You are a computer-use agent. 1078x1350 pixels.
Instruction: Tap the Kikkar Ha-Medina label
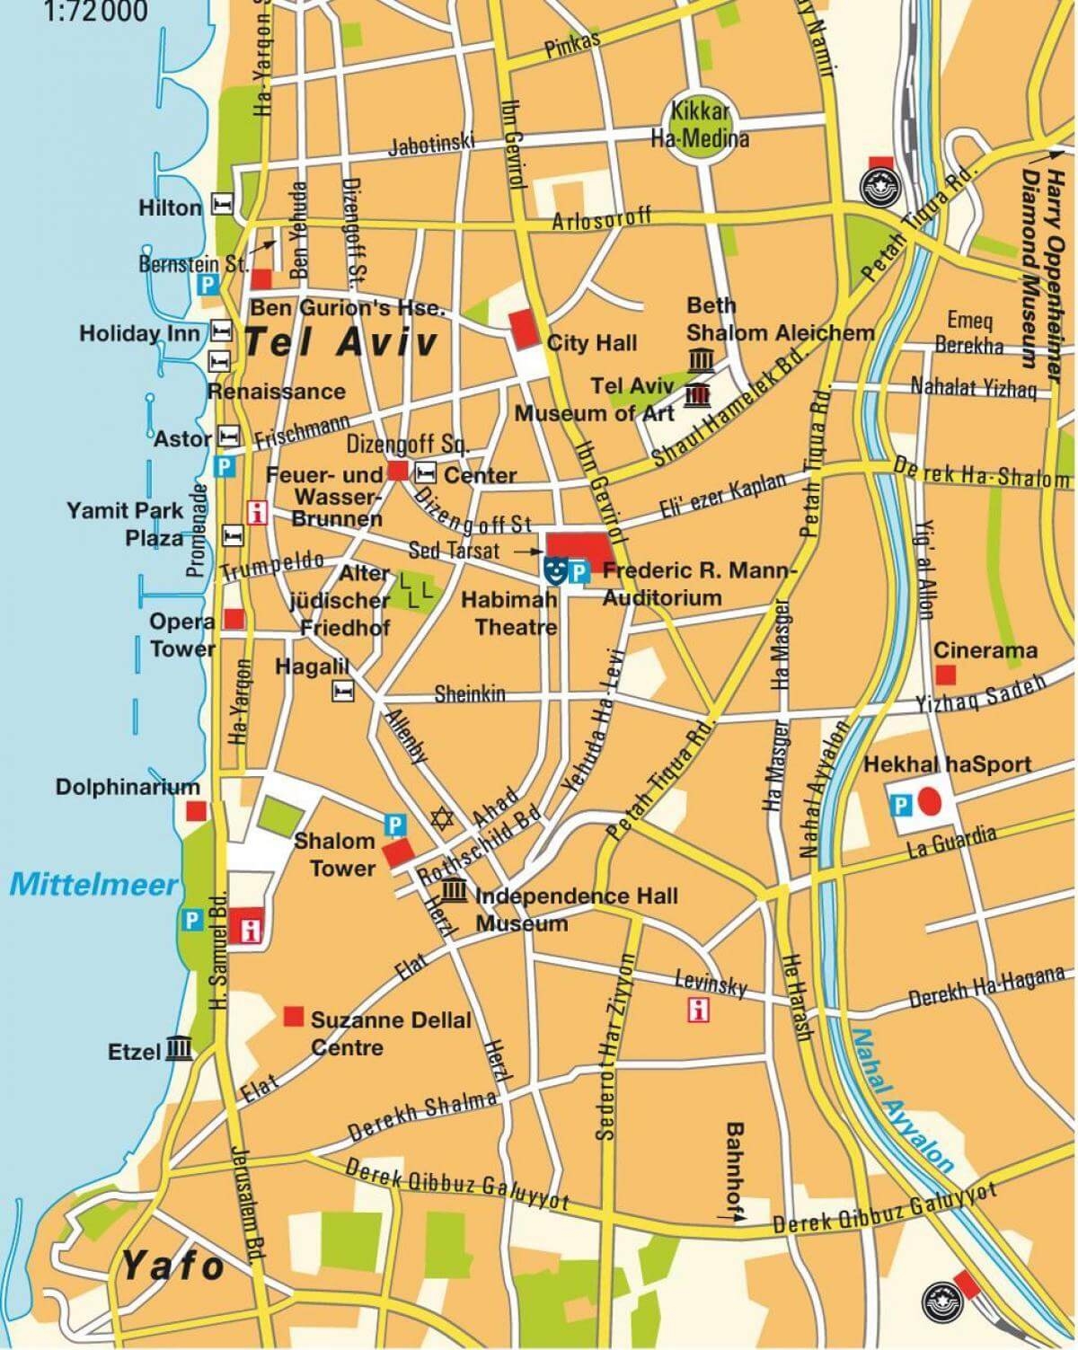[700, 127]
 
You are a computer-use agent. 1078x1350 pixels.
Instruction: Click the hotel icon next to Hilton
[221, 205]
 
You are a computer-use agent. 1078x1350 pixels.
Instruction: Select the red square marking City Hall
[521, 330]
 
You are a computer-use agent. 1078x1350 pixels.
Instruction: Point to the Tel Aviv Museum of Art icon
[695, 395]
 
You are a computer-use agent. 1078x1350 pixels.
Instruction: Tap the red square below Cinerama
[944, 674]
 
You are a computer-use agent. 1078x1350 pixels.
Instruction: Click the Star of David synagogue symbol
[440, 818]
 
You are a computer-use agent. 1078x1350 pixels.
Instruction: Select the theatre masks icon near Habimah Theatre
[555, 569]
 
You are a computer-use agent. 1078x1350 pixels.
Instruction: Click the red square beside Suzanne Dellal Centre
[293, 1016]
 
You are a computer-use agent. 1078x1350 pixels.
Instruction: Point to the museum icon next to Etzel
[179, 1049]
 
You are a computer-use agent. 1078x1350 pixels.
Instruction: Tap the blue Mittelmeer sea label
[93, 885]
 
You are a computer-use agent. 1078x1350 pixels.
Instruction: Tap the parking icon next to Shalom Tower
[393, 822]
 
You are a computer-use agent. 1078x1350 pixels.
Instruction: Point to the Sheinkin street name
[470, 694]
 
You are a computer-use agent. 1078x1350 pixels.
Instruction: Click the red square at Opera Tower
[234, 619]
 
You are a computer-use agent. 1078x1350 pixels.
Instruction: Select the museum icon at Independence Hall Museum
[455, 890]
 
